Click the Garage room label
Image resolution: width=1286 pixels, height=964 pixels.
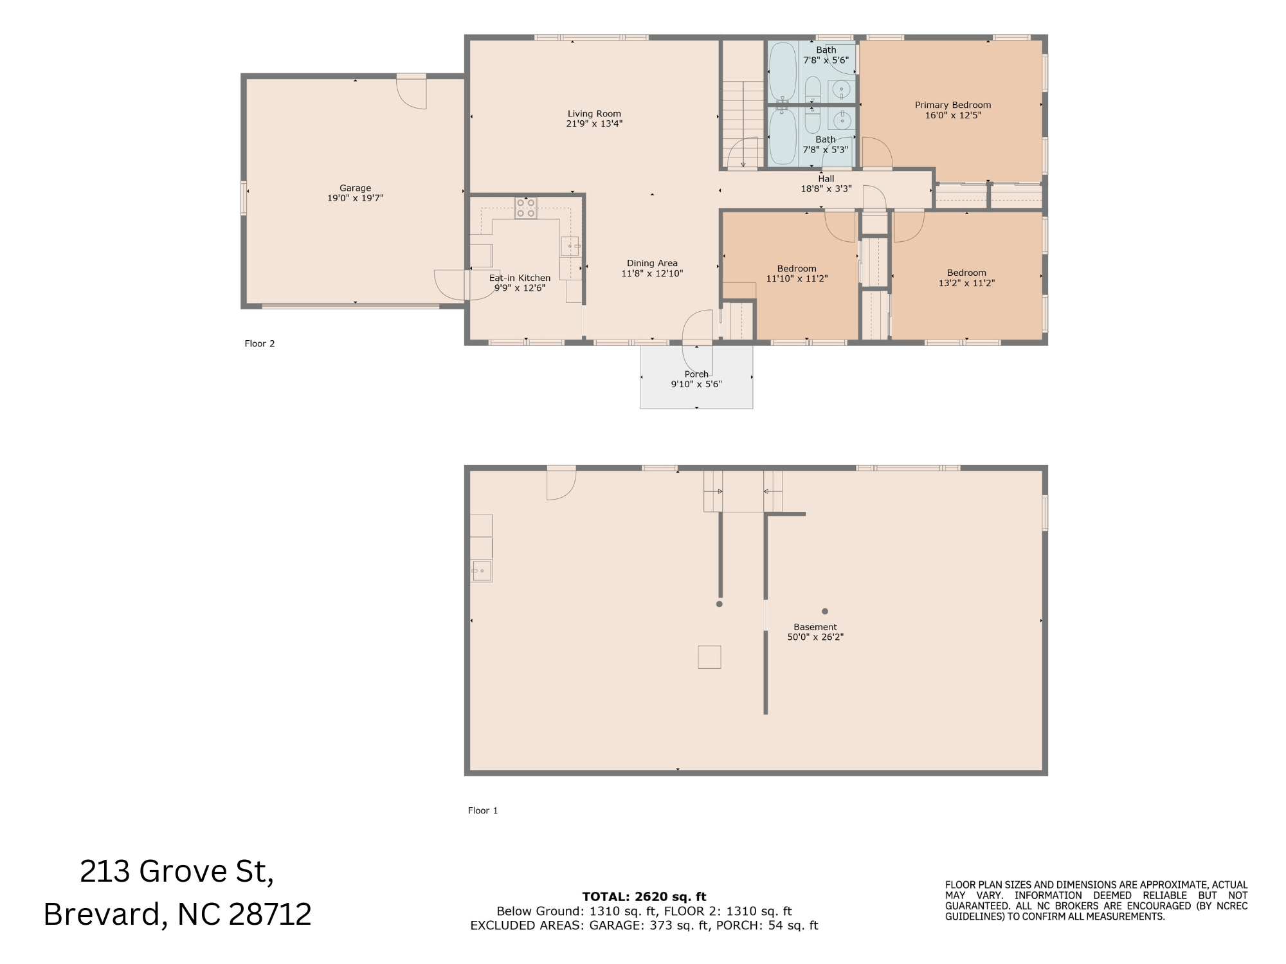[356, 188]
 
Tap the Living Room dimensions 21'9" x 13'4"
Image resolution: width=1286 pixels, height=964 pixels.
[594, 123]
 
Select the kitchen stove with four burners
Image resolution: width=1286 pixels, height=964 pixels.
[525, 208]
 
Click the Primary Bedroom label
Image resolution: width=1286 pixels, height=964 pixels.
[953, 105]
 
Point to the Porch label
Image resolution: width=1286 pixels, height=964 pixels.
[696, 374]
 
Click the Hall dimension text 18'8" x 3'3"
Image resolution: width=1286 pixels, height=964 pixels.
[826, 189]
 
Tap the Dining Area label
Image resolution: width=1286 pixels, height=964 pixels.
[652, 263]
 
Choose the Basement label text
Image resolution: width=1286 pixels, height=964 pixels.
[815, 627]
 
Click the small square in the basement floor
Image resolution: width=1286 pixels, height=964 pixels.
[709, 657]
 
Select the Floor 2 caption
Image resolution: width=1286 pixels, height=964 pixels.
[260, 343]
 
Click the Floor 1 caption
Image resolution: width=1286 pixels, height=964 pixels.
[483, 810]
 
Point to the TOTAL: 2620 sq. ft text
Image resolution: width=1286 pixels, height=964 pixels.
[644, 896]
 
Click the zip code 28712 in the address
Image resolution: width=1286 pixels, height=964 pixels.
[270, 914]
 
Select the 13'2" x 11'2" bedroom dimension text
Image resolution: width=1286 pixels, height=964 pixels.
[966, 283]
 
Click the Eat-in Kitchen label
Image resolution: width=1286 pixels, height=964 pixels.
[520, 278]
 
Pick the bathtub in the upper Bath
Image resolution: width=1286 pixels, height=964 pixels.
[783, 72]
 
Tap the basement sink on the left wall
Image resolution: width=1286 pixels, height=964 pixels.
[482, 570]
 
